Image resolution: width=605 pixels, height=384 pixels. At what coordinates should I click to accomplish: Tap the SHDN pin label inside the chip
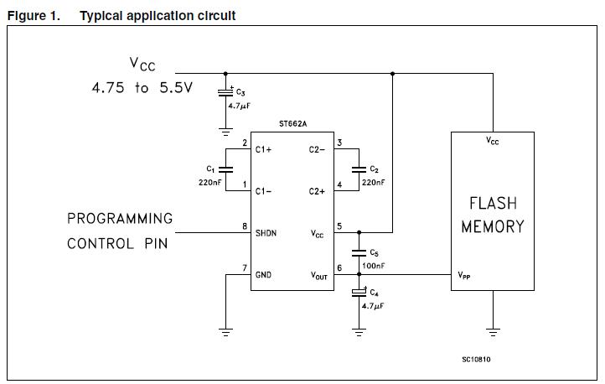(x=267, y=232)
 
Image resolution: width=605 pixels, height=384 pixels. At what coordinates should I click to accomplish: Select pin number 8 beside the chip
(x=244, y=226)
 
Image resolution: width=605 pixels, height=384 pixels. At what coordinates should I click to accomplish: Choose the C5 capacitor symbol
(x=359, y=252)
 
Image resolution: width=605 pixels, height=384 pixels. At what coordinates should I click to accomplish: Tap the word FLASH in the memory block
(x=492, y=203)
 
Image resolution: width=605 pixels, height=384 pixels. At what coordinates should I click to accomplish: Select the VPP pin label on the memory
(x=463, y=274)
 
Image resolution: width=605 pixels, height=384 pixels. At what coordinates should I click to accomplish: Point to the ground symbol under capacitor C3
(x=225, y=130)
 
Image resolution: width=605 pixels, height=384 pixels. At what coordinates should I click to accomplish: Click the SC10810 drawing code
(x=476, y=360)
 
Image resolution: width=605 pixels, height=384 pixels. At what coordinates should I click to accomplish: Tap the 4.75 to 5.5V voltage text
(x=142, y=87)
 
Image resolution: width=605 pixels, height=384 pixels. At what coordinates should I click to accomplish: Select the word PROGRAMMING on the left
(x=120, y=219)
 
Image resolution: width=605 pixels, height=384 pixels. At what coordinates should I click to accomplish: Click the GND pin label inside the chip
(x=264, y=274)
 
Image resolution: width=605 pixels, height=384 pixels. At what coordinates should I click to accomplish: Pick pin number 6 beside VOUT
(x=339, y=268)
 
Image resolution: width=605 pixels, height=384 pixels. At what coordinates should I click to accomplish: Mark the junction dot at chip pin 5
(x=359, y=232)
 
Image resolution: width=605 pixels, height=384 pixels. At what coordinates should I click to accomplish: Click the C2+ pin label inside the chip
(x=317, y=191)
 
